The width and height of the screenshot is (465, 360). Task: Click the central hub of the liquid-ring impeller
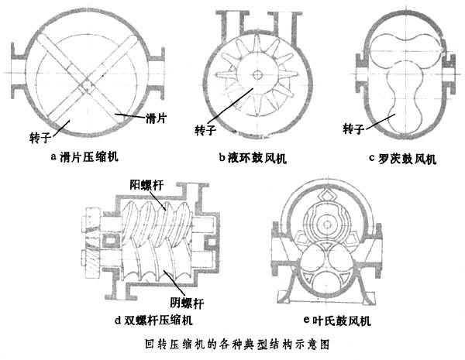[257, 74]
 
